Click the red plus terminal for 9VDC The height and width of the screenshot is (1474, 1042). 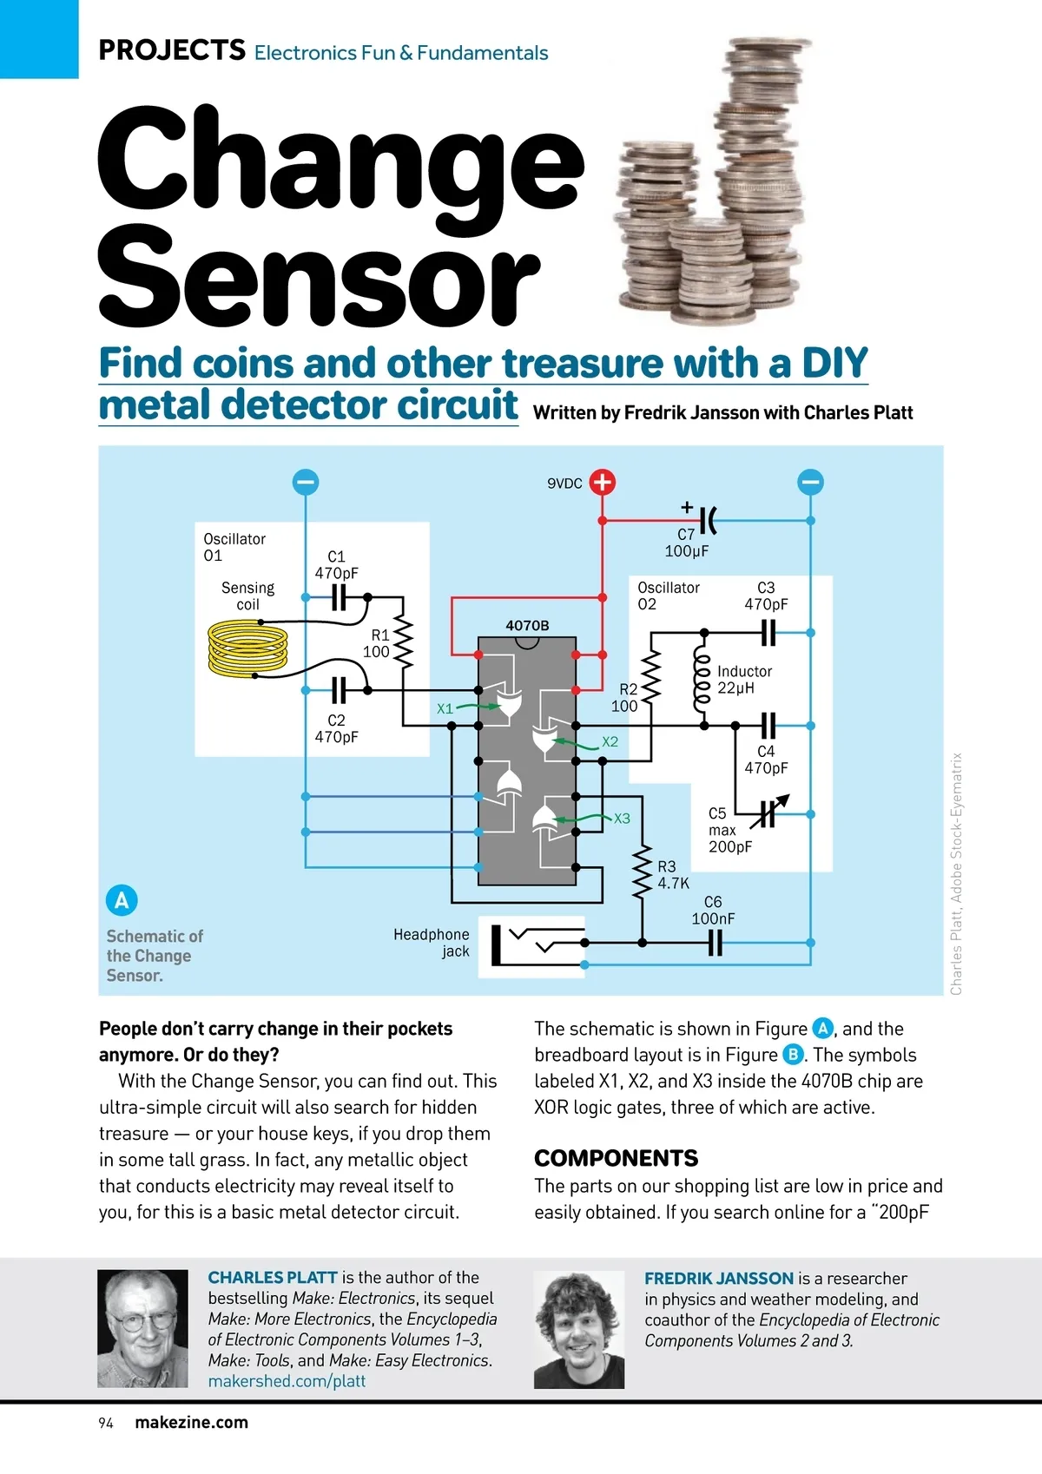602,482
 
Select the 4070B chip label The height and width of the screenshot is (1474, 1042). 527,625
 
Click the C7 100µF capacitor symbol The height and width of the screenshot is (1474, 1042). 708,520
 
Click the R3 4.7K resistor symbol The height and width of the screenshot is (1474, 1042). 642,872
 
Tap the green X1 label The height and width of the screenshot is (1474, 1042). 445,708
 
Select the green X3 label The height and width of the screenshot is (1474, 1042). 622,819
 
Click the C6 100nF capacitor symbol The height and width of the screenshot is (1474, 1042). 715,942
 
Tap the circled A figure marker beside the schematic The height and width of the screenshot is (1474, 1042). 122,900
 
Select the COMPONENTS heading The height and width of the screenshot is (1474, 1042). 616,1158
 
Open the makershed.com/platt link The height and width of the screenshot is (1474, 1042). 287,1380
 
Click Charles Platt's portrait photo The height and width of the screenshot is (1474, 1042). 142,1328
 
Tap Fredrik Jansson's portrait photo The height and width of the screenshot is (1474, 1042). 578,1329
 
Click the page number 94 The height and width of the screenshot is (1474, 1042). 106,1423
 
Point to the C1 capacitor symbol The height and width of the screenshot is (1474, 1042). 339,597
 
